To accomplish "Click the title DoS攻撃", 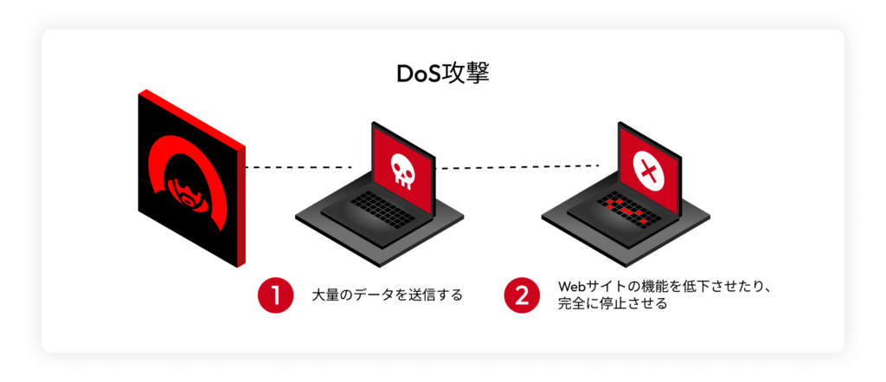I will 442,73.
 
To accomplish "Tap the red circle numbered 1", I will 275,295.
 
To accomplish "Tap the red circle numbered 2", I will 522,295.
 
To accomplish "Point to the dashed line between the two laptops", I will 519,166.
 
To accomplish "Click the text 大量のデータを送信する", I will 387,295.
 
